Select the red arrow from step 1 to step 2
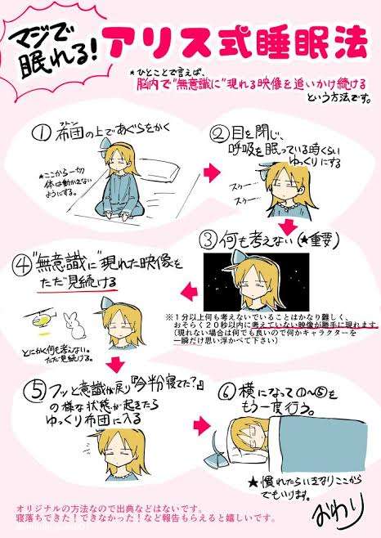pos(211,173)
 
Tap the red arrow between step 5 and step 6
pos(203,424)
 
